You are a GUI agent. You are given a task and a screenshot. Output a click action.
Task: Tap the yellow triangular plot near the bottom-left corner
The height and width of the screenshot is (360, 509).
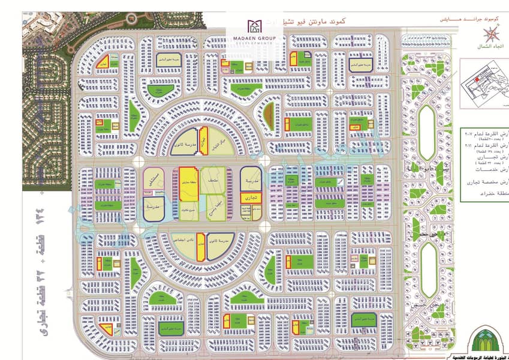pyautogui.click(x=106, y=328)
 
